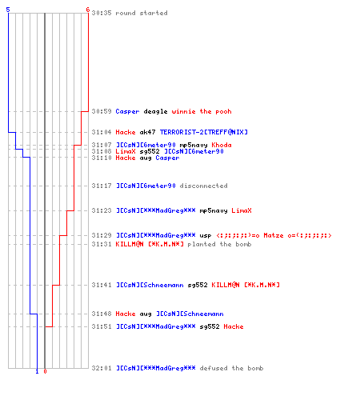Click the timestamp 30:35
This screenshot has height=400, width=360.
click(102, 13)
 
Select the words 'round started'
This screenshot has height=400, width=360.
click(142, 13)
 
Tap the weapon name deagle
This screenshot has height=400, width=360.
click(155, 111)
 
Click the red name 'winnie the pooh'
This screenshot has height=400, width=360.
click(202, 111)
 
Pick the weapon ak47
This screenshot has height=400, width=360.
click(147, 132)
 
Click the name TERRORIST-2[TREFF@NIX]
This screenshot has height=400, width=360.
click(204, 132)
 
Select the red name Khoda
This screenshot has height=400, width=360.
click(222, 145)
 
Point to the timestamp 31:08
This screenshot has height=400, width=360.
click(102, 151)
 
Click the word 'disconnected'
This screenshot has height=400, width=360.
click(203, 186)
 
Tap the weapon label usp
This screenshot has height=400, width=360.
click(206, 236)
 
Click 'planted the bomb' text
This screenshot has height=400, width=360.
click(219, 244)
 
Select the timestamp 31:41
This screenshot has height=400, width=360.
click(102, 285)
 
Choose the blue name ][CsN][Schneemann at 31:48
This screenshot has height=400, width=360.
click(190, 314)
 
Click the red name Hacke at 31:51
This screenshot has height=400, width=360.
click(234, 326)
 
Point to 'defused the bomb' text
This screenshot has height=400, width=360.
click(231, 368)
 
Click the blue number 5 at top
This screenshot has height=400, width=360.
click(8, 10)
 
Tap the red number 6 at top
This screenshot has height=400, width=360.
click(88, 10)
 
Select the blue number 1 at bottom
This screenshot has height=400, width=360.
click(37, 371)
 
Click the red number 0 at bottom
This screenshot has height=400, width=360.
click(45, 371)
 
